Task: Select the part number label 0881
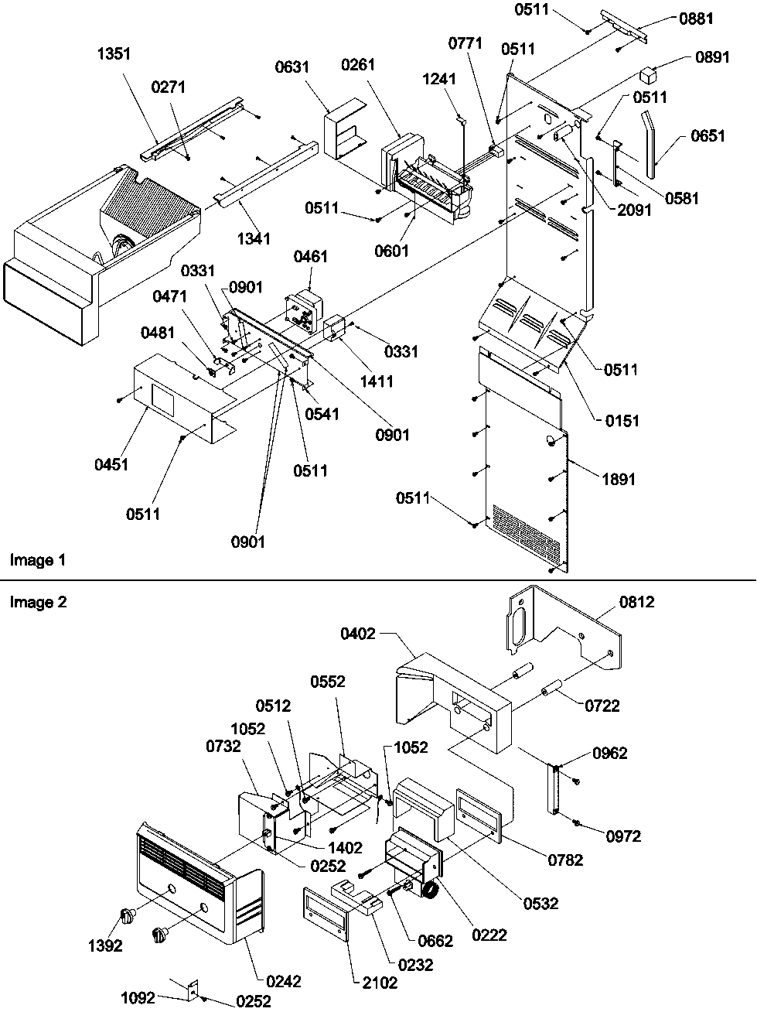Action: pyautogui.click(x=696, y=19)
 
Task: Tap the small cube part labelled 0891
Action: pyautogui.click(x=647, y=75)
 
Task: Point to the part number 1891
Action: pyautogui.click(x=618, y=480)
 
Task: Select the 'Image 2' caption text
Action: pyautogui.click(x=38, y=602)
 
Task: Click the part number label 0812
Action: pyautogui.click(x=636, y=601)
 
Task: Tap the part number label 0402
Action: pyautogui.click(x=358, y=634)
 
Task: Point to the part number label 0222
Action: pyautogui.click(x=490, y=935)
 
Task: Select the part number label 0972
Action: pyautogui.click(x=623, y=836)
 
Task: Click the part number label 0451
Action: pyautogui.click(x=112, y=465)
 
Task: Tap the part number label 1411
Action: pyautogui.click(x=376, y=381)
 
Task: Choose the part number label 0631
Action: pyautogui.click(x=292, y=67)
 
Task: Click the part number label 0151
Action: pyautogui.click(x=623, y=421)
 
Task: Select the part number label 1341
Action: pyautogui.click(x=254, y=238)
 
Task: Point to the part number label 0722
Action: pyautogui.click(x=602, y=706)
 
